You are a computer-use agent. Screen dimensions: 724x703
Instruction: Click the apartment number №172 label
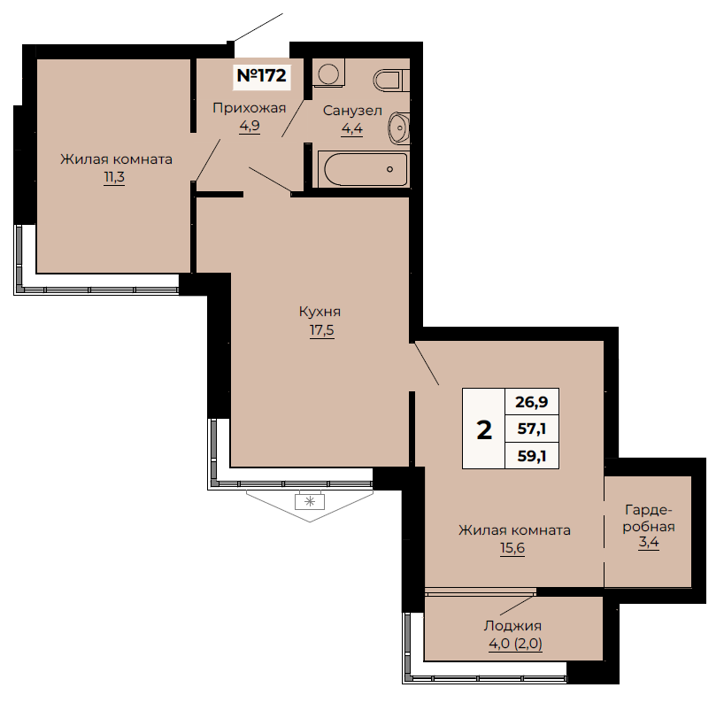[262, 75]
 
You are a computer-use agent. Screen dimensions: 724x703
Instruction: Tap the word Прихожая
[250, 108]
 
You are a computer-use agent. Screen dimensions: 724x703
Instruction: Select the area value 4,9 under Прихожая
[250, 126]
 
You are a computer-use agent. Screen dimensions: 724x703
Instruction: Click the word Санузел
[352, 111]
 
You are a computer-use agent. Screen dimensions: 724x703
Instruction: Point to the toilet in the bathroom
[391, 81]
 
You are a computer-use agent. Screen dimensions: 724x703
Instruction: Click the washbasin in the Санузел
[399, 127]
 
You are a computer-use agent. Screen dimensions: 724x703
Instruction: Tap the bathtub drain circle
[389, 169]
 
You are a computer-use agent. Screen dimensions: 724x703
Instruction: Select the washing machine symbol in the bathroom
[328, 73]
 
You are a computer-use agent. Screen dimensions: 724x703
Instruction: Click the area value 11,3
[114, 177]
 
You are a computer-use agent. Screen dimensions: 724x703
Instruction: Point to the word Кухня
[320, 312]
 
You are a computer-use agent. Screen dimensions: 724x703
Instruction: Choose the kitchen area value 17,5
[322, 331]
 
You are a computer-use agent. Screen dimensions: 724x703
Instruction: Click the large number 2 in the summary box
[484, 430]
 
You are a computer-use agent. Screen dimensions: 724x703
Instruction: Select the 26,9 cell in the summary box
[532, 402]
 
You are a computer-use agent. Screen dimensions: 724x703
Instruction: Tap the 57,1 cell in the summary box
[532, 429]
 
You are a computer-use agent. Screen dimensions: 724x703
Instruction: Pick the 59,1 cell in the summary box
[532, 456]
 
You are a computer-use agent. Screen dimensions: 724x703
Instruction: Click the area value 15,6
[512, 548]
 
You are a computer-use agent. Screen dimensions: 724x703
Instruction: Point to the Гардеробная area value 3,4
[649, 542]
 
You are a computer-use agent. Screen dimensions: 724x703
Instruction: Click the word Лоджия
[512, 626]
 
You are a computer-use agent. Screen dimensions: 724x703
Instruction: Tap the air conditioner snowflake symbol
[310, 501]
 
